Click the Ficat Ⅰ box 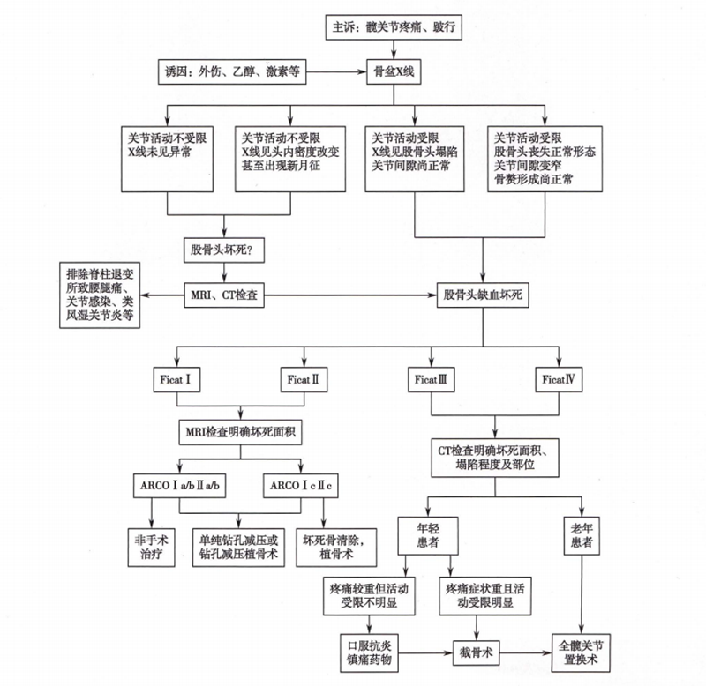179,382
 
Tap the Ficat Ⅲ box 432,382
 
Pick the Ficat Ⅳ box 560,382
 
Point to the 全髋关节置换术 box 583,652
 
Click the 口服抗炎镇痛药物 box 369,652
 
